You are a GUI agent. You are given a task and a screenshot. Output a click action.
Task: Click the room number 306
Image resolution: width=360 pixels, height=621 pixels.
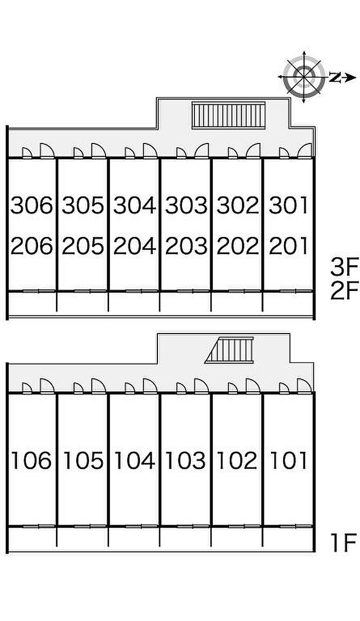click(32, 206)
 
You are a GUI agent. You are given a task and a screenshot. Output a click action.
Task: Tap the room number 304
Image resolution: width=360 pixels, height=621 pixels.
click(134, 206)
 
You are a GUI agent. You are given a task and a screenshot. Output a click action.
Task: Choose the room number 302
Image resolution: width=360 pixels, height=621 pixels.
click(237, 206)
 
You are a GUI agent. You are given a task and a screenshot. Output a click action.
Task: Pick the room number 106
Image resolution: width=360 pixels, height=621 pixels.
click(32, 460)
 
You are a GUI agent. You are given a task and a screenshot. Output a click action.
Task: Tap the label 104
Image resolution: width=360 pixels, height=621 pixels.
click(134, 460)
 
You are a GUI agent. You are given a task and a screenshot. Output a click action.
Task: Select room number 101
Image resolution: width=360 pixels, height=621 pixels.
click(288, 460)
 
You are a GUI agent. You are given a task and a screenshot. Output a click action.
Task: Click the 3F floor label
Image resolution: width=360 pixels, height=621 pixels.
click(344, 267)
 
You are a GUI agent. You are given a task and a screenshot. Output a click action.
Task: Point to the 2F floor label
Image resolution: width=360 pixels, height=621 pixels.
click(344, 292)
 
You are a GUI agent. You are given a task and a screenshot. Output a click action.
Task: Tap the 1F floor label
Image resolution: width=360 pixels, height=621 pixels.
click(344, 543)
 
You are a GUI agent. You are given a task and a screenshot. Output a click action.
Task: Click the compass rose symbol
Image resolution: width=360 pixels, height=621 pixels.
click(304, 78)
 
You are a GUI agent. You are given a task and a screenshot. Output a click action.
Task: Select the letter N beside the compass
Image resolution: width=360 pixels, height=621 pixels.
click(335, 78)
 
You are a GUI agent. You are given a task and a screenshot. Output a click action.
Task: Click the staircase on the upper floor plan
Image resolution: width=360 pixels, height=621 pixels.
click(229, 115)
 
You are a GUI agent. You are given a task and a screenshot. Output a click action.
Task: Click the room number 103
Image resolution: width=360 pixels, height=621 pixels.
click(186, 460)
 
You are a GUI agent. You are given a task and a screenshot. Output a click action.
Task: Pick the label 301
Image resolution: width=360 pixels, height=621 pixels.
click(288, 206)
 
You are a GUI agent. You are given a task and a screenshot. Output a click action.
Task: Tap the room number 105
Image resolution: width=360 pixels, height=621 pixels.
click(83, 460)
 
